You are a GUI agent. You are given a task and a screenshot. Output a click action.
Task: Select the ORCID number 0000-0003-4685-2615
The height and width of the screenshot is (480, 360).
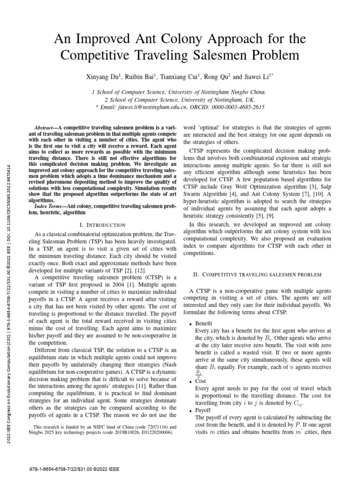(x=240, y=107)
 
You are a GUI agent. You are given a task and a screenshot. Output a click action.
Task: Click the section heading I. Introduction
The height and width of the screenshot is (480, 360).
(x=102, y=225)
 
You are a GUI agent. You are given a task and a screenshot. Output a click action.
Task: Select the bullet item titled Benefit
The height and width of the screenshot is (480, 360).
(x=204, y=324)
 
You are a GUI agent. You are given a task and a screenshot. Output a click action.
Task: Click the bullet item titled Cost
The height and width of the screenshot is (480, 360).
(x=201, y=382)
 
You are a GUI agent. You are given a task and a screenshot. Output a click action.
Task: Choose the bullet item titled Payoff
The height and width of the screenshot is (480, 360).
(x=203, y=410)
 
